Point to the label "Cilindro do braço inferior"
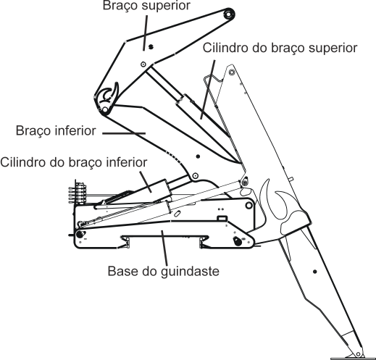coord(75,161)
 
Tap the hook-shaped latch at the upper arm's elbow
coord(108,96)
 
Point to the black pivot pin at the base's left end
coord(79,235)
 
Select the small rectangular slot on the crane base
coord(222,217)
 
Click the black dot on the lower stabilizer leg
coord(315,272)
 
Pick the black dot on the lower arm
coord(198,156)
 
